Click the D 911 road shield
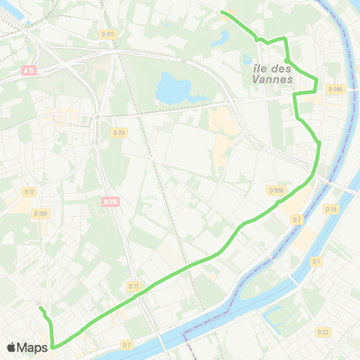pos(107,34)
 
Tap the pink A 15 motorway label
pos(29,71)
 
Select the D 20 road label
pos(118,133)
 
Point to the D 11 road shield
pos(29,192)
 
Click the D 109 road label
pos(40,214)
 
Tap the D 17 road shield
pos(133,286)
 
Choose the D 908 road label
pos(276,190)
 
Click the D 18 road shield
pos(331,208)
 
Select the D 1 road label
pos(316,262)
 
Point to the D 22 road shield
pos(323,331)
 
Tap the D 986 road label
pos(334,89)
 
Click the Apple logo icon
pos(12,347)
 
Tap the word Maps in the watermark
pos(33,347)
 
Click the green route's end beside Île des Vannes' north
pos(222,12)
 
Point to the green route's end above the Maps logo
pos(40,308)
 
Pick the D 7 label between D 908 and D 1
pos(297,220)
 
